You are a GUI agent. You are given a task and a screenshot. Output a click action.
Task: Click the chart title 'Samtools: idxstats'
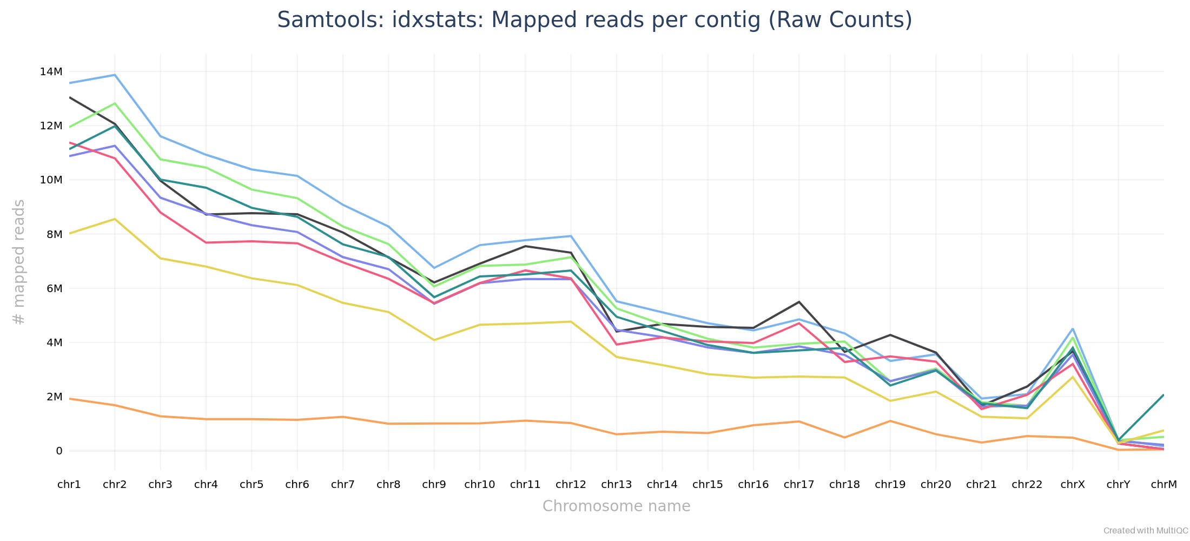click(x=594, y=20)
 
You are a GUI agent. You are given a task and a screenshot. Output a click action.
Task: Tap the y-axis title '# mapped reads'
click(x=19, y=262)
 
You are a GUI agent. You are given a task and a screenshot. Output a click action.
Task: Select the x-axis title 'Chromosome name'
click(x=616, y=506)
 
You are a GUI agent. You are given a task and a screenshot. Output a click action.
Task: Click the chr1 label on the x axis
click(x=69, y=484)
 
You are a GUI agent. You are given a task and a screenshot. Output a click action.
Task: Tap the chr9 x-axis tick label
click(x=434, y=484)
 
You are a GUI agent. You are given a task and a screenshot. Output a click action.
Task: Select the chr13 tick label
click(x=616, y=484)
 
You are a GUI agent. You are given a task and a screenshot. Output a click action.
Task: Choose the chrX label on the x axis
click(x=1072, y=484)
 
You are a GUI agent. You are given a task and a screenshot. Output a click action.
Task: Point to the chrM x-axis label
click(x=1163, y=484)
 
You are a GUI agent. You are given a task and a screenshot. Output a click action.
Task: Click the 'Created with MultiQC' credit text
click(x=1146, y=531)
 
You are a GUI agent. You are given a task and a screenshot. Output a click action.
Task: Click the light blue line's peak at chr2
click(x=115, y=75)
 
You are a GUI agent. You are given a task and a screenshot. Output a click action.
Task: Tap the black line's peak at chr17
click(x=799, y=302)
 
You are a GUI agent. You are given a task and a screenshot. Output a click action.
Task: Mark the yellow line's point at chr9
click(x=434, y=340)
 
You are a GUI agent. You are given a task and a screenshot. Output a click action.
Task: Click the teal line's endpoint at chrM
click(x=1163, y=395)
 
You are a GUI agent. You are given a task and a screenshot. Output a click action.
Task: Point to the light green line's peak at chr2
click(x=115, y=103)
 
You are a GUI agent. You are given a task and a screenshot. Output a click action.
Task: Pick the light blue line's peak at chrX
click(x=1072, y=329)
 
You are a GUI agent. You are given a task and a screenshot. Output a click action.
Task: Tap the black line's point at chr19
click(x=890, y=335)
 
